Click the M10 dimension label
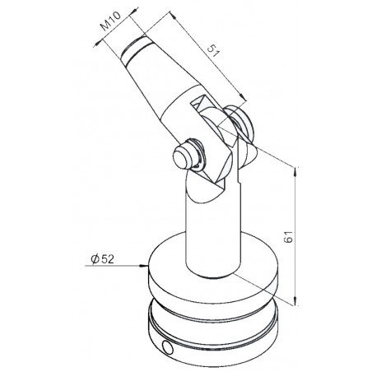point(110,21)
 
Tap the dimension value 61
point(289,237)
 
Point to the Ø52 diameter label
point(102,258)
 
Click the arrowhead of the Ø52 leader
point(143,266)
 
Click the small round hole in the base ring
point(167,347)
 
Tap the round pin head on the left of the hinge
point(184,158)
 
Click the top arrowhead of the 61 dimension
point(295,172)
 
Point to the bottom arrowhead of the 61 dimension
point(295,300)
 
